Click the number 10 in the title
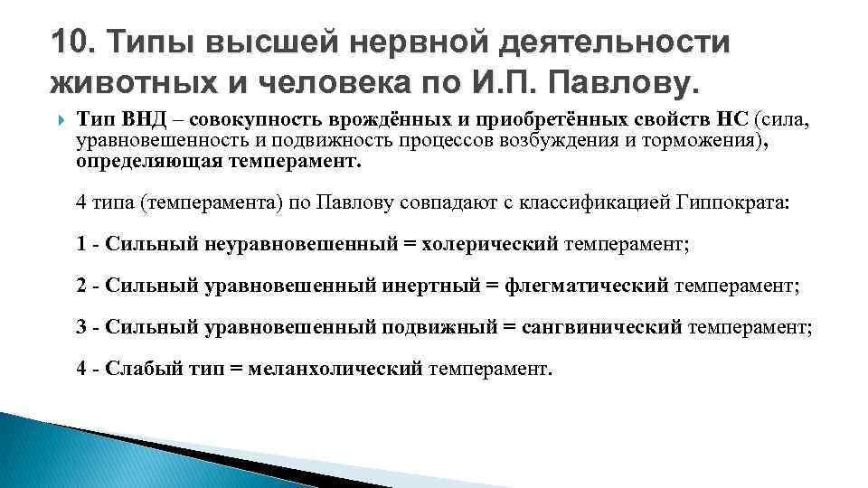coord(69,42)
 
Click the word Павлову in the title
coord(623,83)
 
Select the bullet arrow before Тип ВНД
coord(61,120)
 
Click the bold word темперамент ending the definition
coord(308,164)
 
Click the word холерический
coord(492,245)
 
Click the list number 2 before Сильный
coord(81,286)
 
